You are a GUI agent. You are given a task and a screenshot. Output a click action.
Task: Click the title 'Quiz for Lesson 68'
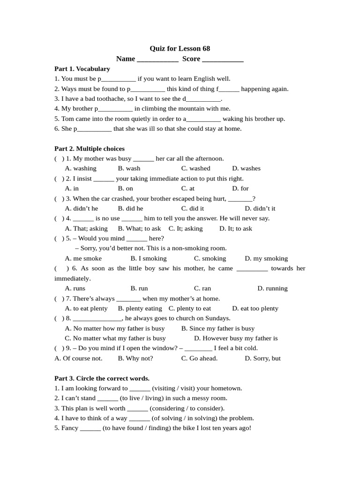pos(180,49)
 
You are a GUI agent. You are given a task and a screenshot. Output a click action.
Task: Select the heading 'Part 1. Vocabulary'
pos(82,69)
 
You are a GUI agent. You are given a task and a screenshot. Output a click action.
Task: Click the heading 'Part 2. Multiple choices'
pos(90,149)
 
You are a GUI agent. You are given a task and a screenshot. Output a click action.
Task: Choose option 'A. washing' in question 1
pos(81,168)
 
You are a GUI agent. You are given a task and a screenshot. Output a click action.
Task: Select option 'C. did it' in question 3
pos(192,208)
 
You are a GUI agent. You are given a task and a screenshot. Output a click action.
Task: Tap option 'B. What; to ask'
pos(139,228)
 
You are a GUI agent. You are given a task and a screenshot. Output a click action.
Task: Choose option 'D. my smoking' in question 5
pos(266,258)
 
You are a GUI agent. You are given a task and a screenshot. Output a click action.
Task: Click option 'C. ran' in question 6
pos(202,288)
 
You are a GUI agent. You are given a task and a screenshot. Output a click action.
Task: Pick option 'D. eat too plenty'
pos(255,308)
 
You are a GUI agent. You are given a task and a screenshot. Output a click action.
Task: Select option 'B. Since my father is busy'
pos(217,328)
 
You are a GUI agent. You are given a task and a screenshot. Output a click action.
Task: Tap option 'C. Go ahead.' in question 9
pos(199,358)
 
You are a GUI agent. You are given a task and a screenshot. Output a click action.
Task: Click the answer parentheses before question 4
pos(59,218)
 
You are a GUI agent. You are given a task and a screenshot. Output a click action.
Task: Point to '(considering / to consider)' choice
pos(187,408)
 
